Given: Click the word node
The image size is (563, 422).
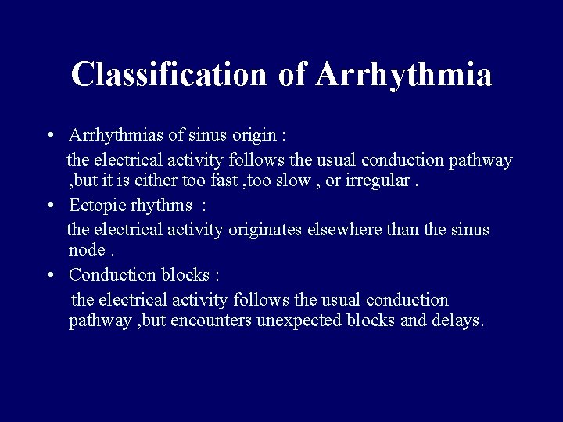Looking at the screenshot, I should click(x=87, y=251).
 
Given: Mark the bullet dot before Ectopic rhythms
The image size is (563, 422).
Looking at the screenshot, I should click(x=50, y=206).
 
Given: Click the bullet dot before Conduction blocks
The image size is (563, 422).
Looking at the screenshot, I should click(x=50, y=275).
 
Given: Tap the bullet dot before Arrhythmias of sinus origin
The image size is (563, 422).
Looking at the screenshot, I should click(x=50, y=135).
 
